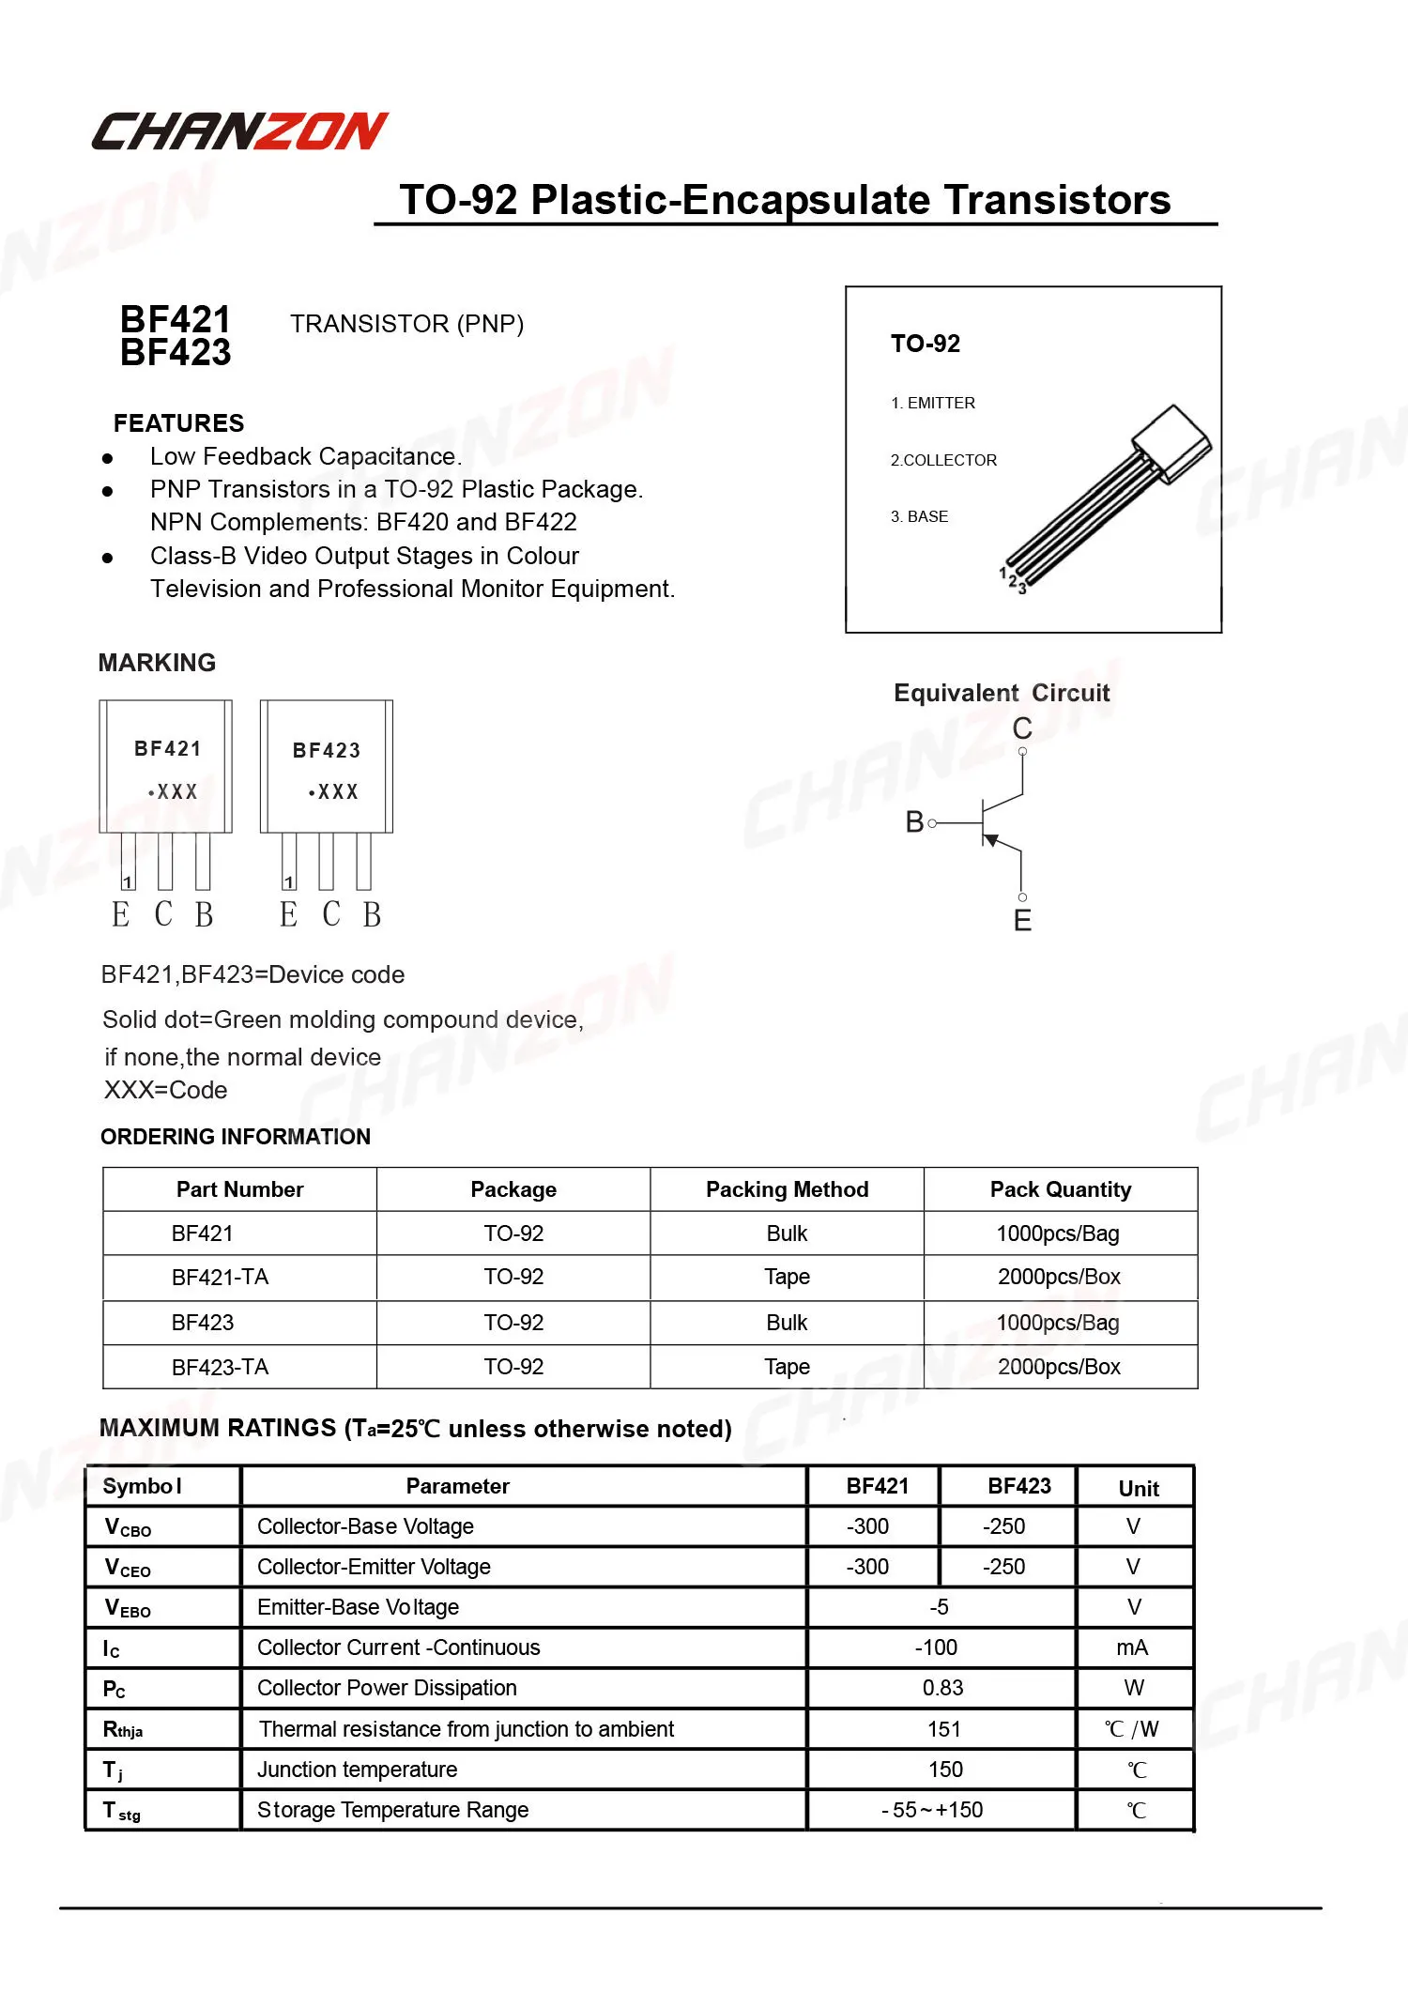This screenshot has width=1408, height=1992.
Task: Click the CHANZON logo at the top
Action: point(239,131)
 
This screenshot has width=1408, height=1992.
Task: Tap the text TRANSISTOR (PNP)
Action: point(406,324)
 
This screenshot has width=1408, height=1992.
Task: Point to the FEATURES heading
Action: point(178,423)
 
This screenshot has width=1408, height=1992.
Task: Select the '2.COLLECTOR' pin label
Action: point(943,460)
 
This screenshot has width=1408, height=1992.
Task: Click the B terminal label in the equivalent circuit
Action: point(914,822)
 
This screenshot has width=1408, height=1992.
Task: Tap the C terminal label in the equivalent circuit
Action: point(1022,728)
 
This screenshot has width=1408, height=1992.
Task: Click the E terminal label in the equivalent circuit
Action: point(1022,921)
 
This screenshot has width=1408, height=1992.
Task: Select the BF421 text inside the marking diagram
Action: point(168,748)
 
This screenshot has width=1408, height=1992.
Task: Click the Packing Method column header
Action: point(787,1189)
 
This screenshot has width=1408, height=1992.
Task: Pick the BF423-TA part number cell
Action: point(220,1367)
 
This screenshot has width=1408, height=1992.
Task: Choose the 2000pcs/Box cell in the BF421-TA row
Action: point(1059,1277)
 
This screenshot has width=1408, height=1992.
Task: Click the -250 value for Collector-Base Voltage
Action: point(1003,1526)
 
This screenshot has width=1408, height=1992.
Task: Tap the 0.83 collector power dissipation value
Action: point(942,1688)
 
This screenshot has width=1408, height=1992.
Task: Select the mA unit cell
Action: point(1132,1647)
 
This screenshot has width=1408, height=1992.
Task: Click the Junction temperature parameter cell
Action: point(357,1770)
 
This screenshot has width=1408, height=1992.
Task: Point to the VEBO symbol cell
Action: point(128,1608)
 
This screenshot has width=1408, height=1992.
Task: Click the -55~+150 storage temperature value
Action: point(932,1810)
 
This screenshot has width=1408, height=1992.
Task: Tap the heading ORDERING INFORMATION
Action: point(236,1137)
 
